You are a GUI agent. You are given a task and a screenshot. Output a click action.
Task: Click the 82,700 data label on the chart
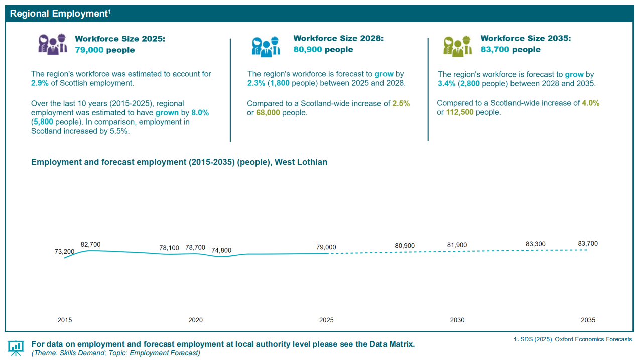tap(91, 245)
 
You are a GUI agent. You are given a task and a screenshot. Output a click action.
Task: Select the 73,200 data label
tap(65, 252)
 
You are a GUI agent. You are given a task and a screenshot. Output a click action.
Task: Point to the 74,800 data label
tap(221, 251)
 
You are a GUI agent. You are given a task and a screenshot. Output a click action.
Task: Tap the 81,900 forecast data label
tap(457, 245)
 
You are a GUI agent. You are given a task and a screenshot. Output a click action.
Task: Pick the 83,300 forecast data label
tap(536, 244)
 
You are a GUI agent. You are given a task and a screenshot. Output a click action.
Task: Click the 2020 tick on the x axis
tap(196, 320)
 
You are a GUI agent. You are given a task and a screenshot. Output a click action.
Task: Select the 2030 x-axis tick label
tap(457, 320)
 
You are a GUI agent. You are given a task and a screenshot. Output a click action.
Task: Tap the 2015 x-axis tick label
tap(65, 320)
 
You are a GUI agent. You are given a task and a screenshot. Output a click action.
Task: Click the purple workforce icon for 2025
tap(53, 44)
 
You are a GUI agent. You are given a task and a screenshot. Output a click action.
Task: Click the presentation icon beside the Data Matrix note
tap(16, 347)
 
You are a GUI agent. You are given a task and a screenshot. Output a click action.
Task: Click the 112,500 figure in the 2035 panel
tap(460, 112)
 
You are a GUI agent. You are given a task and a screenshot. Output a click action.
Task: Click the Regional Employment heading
tap(60, 14)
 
